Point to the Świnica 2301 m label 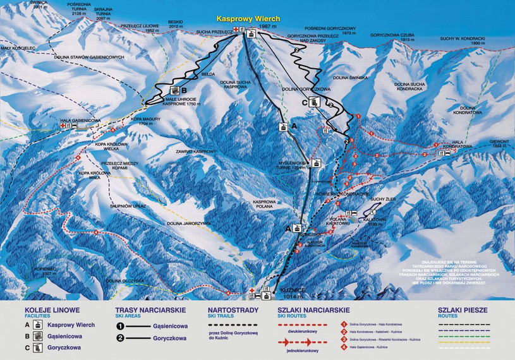pos(31,6)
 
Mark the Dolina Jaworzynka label pos(189,223)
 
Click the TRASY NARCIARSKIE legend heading pos(150,310)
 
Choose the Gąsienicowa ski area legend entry pos(170,326)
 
